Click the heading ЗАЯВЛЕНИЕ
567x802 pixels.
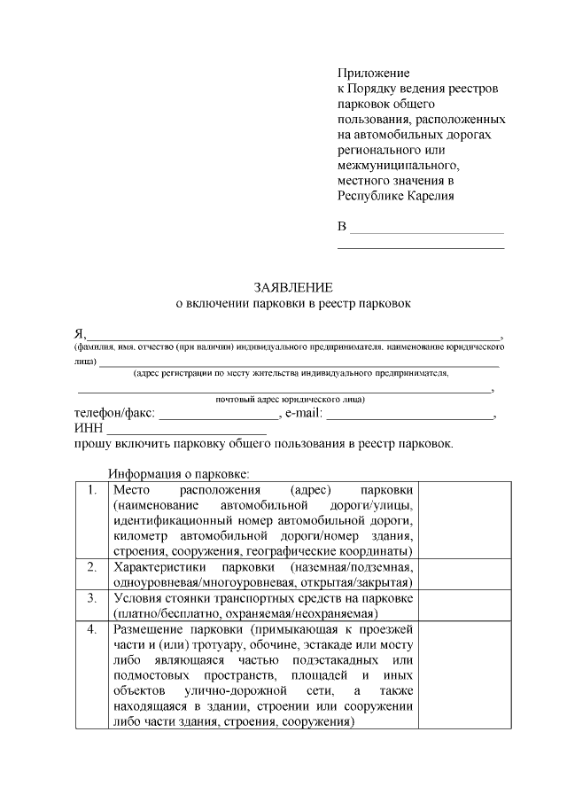pos(292,287)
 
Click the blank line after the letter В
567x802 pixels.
pos(427,232)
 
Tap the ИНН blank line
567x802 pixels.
pos(186,432)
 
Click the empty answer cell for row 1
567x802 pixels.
pos(464,519)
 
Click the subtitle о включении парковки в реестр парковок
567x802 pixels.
pos(292,303)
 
